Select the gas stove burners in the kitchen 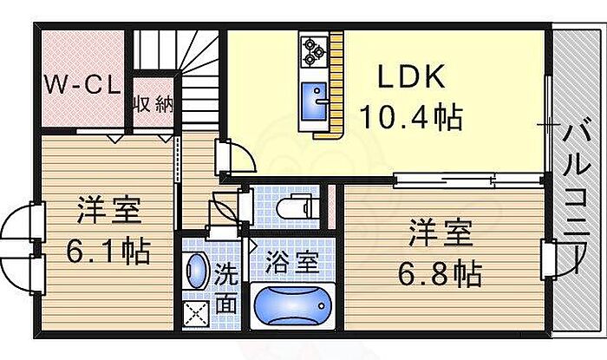click(x=312, y=51)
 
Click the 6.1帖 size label click(x=108, y=252)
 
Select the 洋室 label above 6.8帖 click(x=441, y=233)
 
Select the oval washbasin click(x=196, y=270)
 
